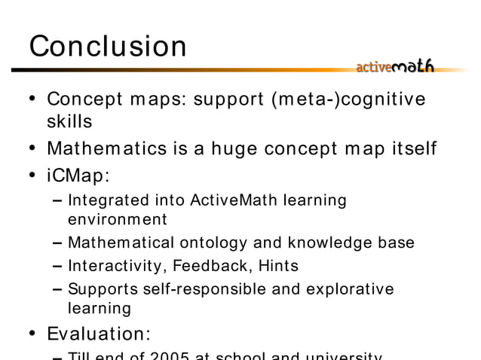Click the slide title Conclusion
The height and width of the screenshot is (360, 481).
point(108,47)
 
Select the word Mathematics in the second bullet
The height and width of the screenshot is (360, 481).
point(120,148)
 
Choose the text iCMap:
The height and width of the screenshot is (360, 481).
point(78,175)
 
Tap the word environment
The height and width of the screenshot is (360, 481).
point(117,220)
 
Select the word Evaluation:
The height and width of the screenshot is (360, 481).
point(99,333)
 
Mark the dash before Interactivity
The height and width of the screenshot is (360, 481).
point(58,266)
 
